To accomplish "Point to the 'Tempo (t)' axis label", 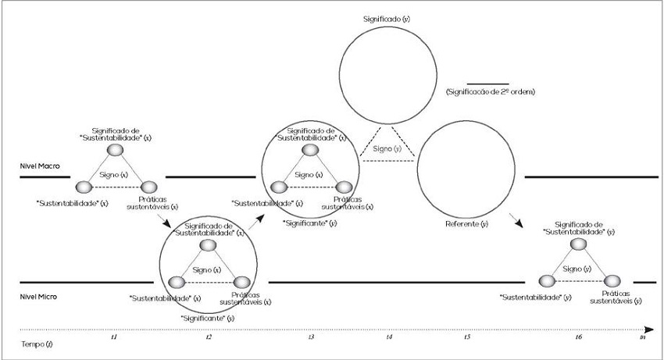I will tap(37, 343).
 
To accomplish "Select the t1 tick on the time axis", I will tap(113, 337).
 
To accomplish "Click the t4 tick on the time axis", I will tap(389, 337).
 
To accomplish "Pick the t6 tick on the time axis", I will tap(578, 337).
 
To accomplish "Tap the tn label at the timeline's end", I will tap(643, 337).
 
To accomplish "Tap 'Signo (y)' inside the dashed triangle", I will tap(387, 148).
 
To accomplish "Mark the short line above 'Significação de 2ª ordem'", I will tap(487, 83).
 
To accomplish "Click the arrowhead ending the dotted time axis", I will tap(648, 329).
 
